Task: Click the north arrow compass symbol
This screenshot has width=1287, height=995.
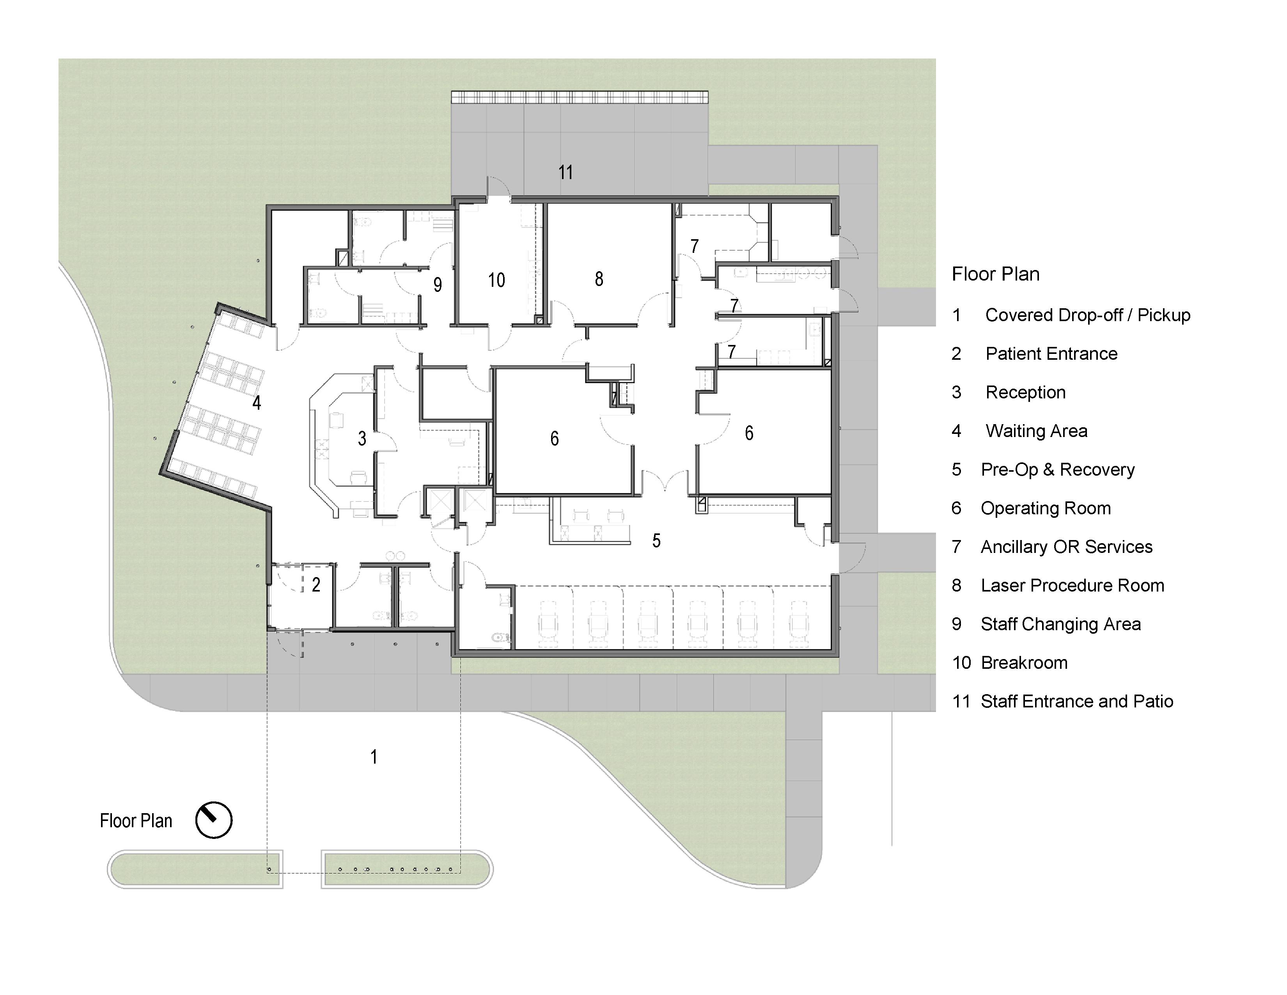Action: pos(214,820)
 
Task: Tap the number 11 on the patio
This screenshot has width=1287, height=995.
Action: pos(566,172)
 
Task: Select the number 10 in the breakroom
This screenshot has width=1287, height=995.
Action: pos(496,280)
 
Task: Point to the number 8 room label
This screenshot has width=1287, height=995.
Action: pos(599,279)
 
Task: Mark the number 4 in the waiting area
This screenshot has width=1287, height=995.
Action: pos(256,403)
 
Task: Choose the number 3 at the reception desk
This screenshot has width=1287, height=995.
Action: pos(362,438)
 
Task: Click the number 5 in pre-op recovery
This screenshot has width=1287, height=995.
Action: pos(656,540)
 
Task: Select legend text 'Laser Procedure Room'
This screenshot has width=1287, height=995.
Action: pos(1072,585)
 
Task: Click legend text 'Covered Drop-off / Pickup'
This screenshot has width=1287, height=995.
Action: pos(1088,315)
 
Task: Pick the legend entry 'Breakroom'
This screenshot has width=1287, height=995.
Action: pos(1024,663)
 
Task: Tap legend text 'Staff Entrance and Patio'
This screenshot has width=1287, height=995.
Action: pos(1077,702)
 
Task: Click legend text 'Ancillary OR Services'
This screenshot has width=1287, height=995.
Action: pos(1067,547)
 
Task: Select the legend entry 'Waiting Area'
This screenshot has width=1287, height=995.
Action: pos(1037,431)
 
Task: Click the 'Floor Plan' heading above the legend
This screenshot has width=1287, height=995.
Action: pos(996,274)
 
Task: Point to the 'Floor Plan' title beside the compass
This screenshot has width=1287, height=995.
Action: pos(136,821)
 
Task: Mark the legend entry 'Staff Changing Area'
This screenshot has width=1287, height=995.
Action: pos(1061,624)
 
